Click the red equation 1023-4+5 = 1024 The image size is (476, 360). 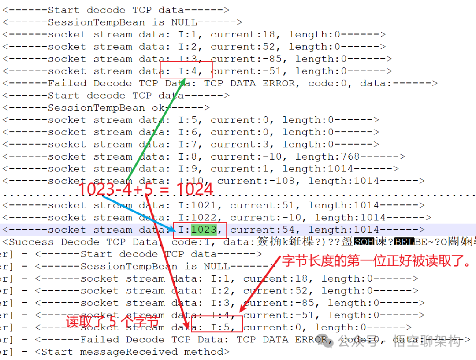[145, 189]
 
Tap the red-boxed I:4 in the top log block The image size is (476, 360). [186, 71]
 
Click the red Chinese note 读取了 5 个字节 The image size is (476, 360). [112, 322]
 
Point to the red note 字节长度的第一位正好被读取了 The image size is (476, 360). [378, 261]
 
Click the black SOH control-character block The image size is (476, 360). [364, 242]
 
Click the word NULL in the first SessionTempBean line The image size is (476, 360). [184, 22]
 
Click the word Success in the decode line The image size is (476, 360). [30, 242]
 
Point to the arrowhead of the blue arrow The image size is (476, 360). [175, 229]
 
